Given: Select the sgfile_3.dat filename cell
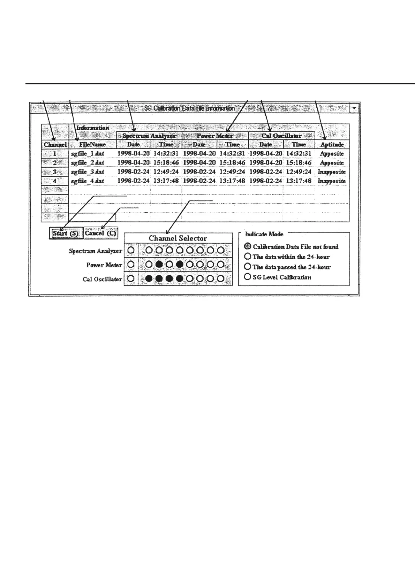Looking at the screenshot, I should (x=88, y=172).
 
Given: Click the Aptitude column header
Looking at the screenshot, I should (x=332, y=145).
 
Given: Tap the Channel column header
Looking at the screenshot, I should (x=55, y=145).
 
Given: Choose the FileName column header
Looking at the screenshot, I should (x=92, y=145).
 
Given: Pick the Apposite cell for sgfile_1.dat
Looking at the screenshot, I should (x=332, y=154).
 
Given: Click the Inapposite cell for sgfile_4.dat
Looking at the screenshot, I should (x=332, y=181).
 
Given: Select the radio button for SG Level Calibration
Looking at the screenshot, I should (x=248, y=277).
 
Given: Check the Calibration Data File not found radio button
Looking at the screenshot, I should (x=248, y=246).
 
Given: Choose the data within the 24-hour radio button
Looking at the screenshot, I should (x=248, y=257).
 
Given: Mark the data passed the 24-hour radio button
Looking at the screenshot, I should (x=248, y=267).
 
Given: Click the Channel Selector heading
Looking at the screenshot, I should (x=178, y=238).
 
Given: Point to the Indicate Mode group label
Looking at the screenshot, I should (x=264, y=234).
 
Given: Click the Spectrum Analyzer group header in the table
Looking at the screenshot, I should (x=149, y=136).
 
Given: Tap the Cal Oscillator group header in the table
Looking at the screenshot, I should (x=281, y=136).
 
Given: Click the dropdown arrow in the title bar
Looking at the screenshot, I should (x=354, y=108).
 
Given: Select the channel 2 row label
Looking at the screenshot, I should (x=55, y=163).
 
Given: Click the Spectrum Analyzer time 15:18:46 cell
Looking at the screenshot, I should (x=166, y=163).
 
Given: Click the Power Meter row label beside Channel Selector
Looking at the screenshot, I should (x=104, y=265).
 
